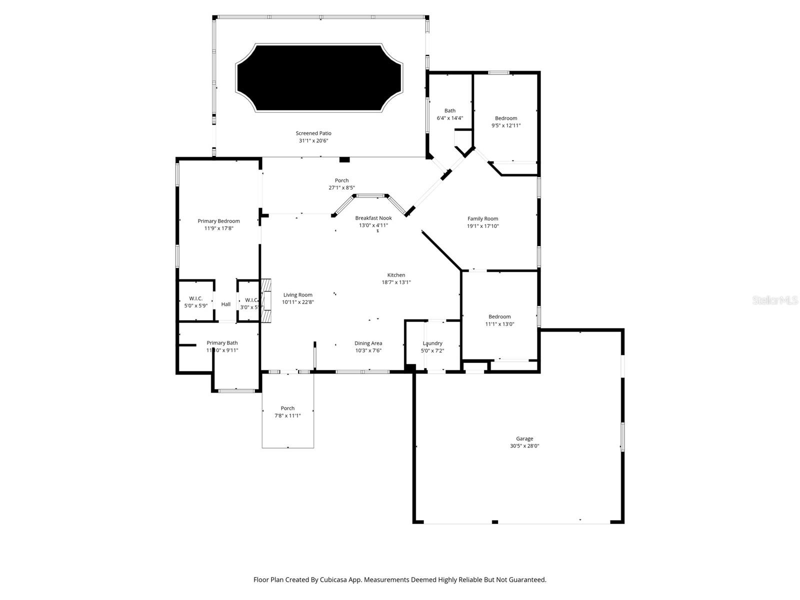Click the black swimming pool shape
pos(319,77)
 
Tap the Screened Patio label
pos(313,133)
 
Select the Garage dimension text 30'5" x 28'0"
pos(524,446)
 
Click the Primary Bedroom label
pos(218,221)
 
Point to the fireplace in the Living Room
pos(267,300)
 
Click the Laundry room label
pos(432,343)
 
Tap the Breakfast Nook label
pos(373,218)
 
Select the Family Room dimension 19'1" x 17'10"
pos(483,226)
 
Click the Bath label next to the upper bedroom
pos(450,111)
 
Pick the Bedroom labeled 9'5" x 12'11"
pos(506,118)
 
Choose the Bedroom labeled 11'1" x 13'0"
pos(499,316)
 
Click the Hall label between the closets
pos(226,304)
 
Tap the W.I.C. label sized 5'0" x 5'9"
pos(196,298)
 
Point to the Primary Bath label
pos(222,343)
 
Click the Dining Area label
pos(368,343)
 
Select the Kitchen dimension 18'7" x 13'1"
pos(396,282)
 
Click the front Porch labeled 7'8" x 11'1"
pos(287,408)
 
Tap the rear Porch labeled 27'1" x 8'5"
pos(341,180)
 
